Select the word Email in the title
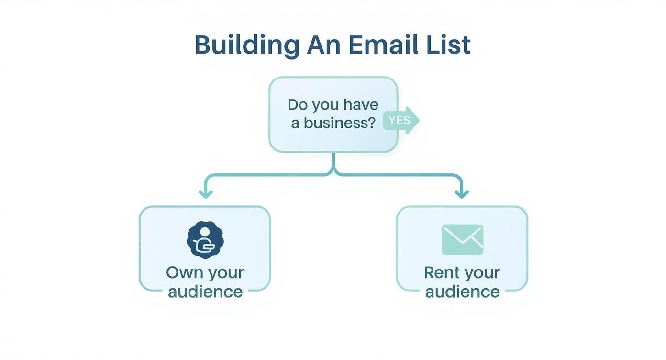(377, 45)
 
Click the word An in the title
(323, 45)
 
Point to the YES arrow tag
(401, 120)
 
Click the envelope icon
(462, 239)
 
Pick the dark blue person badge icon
(205, 240)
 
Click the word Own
(183, 273)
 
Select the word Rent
(442, 273)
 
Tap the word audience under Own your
(205, 292)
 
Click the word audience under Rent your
(462, 292)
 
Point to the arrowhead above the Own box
(206, 194)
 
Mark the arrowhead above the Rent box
(462, 194)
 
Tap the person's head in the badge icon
(205, 232)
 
